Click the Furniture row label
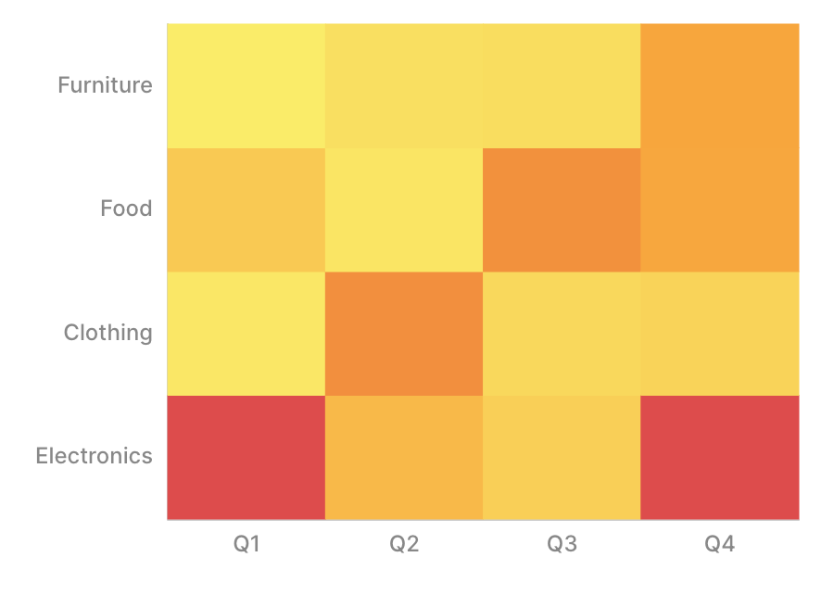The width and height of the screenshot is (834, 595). pos(105,85)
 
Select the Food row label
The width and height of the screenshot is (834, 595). pos(126,209)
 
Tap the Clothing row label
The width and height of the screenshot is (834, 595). pos(107,333)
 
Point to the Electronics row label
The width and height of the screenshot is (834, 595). pos(94,456)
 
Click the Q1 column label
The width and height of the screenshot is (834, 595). pos(246,544)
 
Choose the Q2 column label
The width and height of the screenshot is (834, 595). pos(404,544)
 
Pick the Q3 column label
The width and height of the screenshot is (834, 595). pos(562,544)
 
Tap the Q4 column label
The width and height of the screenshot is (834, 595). pos(720,544)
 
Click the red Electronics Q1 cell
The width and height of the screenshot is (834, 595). pos(246,457)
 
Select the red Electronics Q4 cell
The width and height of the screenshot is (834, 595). pos(720,457)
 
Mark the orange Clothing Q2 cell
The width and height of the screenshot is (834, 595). pos(404,334)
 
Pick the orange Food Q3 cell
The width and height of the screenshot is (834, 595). pos(562,209)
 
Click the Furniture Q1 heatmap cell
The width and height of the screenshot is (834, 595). pos(246,85)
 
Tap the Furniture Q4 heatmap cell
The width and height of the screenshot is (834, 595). pos(720,85)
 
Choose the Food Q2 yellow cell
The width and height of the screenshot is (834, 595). pos(404,209)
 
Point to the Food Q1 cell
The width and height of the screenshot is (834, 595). pos(246,209)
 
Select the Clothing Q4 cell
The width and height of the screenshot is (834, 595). pos(720,334)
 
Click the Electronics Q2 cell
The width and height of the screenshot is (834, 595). pos(404,457)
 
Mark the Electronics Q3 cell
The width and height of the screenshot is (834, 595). pos(562,457)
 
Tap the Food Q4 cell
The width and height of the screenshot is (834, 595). pos(720,209)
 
